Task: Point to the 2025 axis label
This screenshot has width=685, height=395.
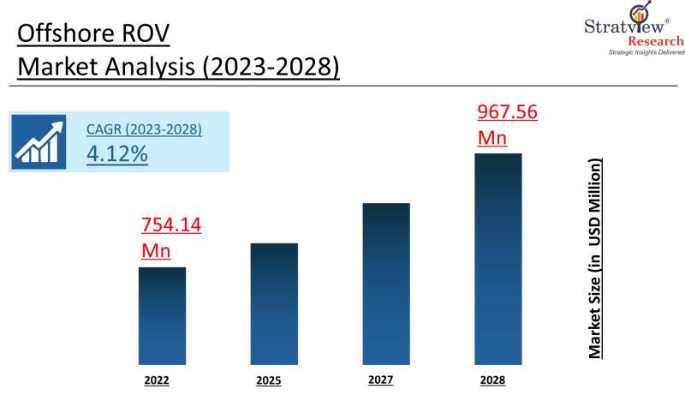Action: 268,380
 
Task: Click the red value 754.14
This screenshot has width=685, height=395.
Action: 171,225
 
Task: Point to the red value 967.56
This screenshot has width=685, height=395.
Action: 507,112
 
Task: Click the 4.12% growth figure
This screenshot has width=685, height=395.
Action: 117,154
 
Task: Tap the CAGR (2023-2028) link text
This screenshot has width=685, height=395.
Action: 144,130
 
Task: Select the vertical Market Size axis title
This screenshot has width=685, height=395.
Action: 594,257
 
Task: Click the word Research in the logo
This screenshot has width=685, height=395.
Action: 656,41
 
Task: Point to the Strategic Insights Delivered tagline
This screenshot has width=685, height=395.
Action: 646,52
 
